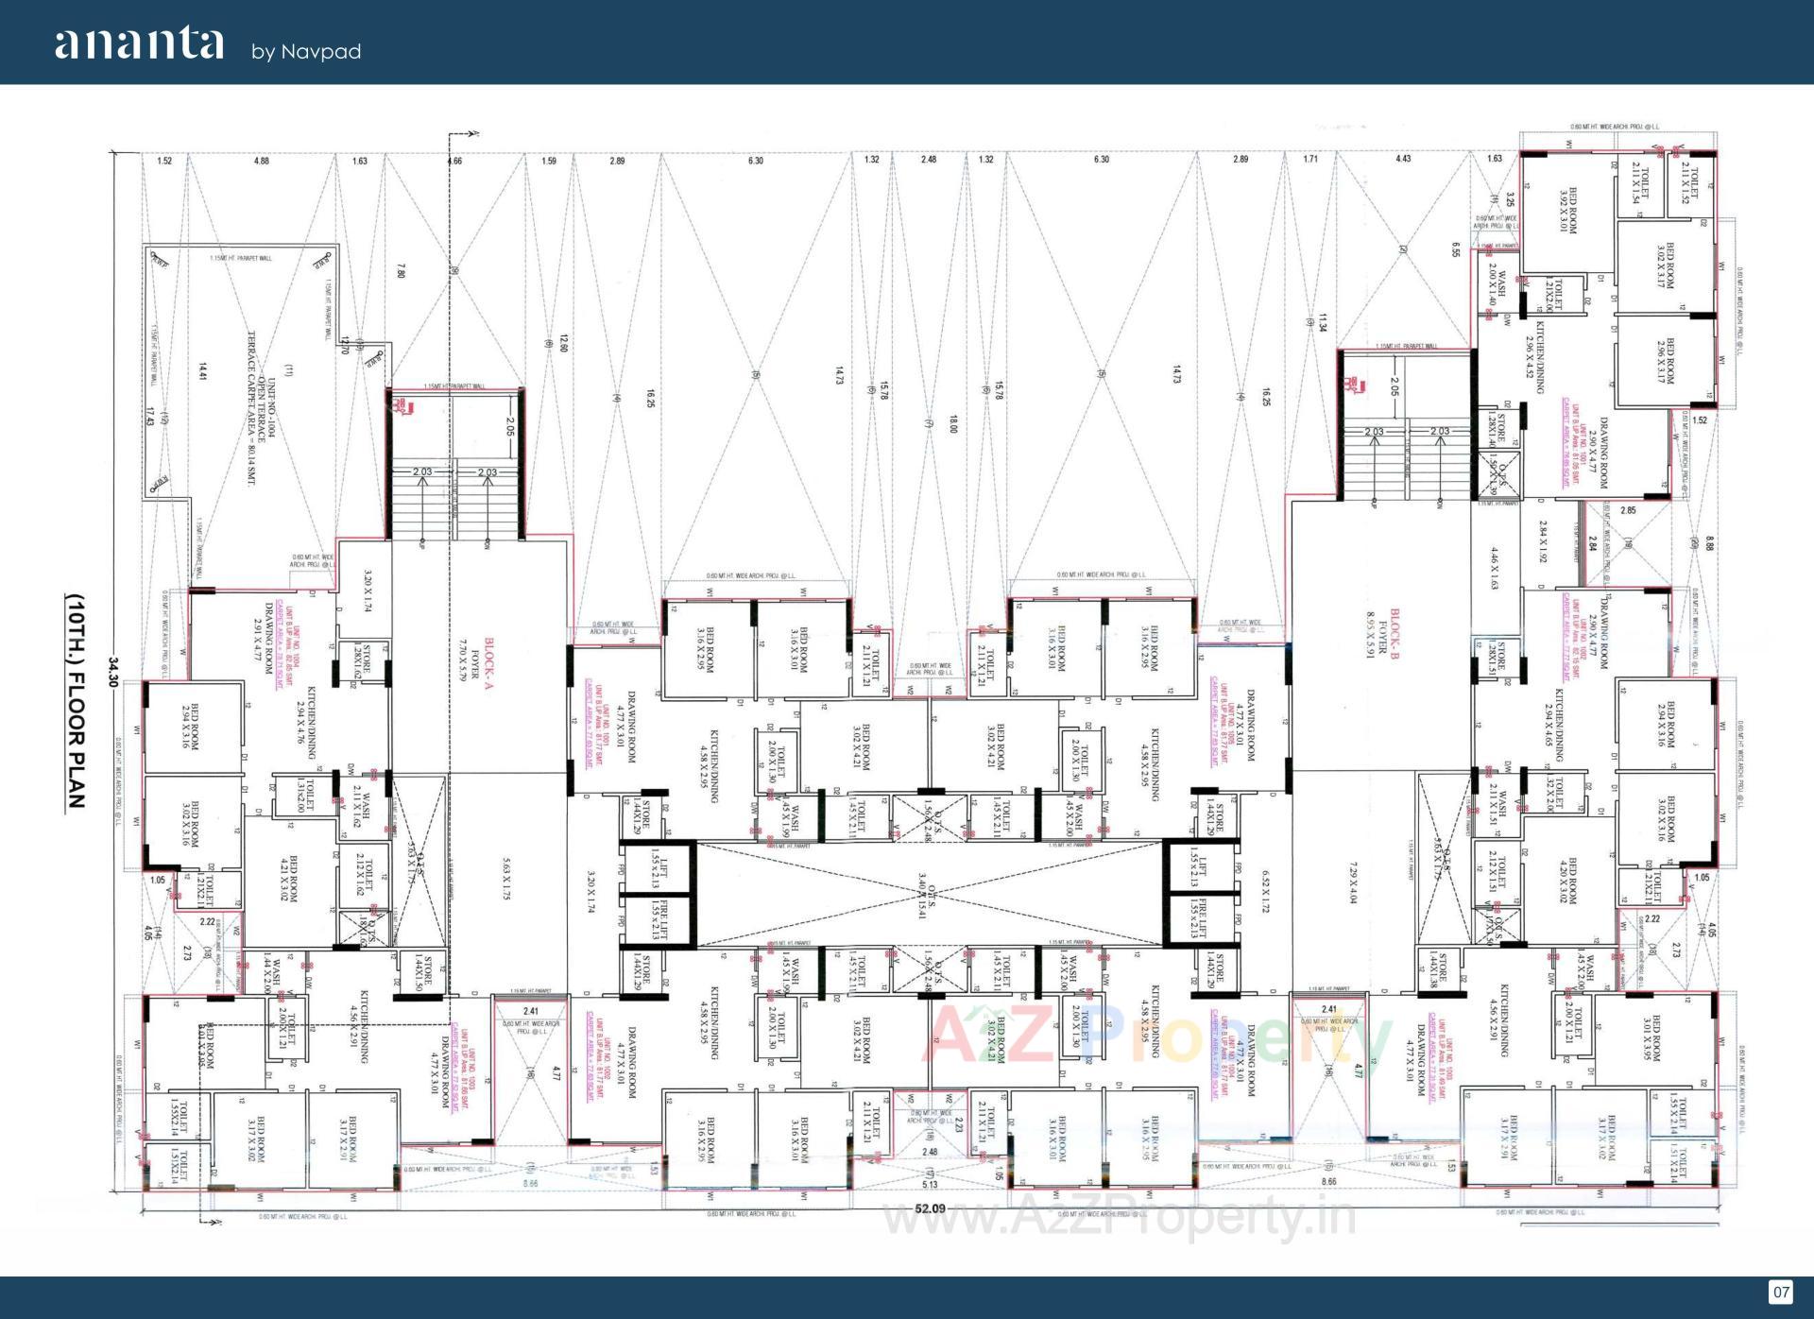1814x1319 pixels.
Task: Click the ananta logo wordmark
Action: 139,44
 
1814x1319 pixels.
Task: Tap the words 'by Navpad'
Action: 306,52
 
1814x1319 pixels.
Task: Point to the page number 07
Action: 1780,1292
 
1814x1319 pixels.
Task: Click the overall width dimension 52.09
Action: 930,1208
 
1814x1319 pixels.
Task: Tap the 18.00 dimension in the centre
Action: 953,424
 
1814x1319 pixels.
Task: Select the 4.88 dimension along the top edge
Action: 262,161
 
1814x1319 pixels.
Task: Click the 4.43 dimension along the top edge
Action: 1403,159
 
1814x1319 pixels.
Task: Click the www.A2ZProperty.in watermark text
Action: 1120,1217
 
